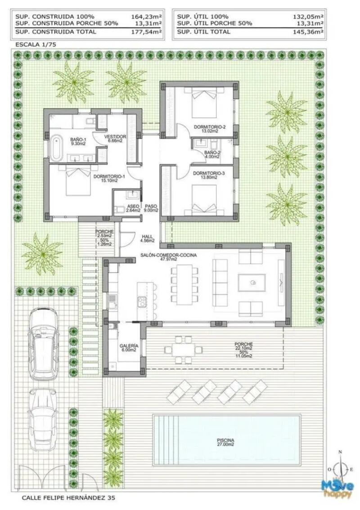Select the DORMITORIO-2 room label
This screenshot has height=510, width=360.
click(209, 129)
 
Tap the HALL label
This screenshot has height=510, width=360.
click(148, 238)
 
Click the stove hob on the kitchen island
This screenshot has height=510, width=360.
click(142, 301)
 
